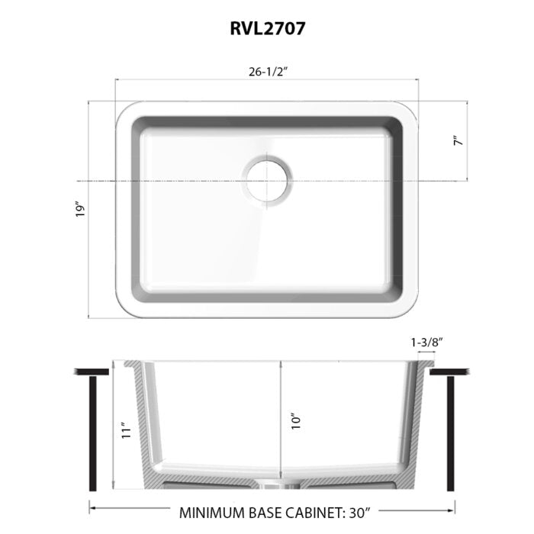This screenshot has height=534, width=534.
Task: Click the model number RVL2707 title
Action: (266, 29)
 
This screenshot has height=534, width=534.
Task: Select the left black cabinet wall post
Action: (92, 434)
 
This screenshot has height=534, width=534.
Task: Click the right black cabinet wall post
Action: (450, 434)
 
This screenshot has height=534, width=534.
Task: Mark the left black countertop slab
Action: (92, 372)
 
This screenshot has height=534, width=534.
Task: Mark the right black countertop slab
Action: (450, 372)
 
